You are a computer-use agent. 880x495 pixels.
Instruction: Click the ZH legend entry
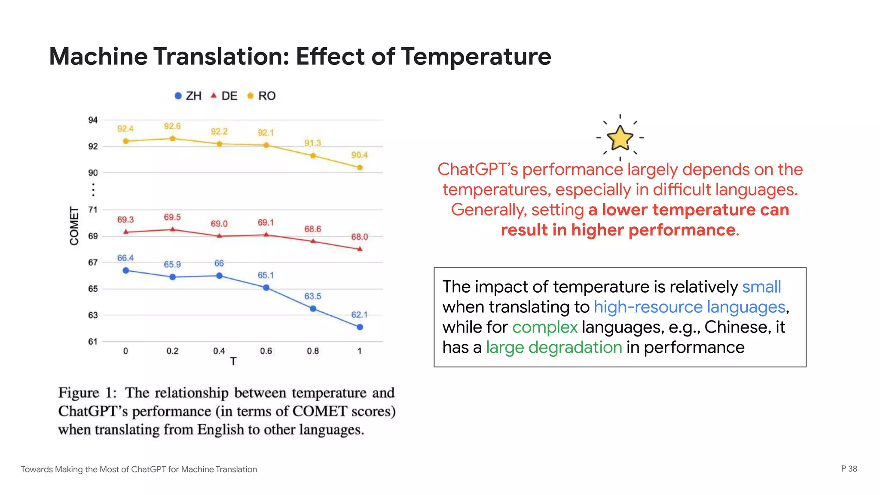pyautogui.click(x=188, y=96)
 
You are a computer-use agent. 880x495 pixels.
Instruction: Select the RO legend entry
pyautogui.click(x=261, y=96)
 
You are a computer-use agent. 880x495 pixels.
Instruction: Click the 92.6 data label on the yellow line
pyautogui.click(x=172, y=126)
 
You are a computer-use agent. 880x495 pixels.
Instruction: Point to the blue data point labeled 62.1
pyautogui.click(x=360, y=327)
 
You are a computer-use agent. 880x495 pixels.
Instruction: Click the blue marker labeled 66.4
pyautogui.click(x=126, y=271)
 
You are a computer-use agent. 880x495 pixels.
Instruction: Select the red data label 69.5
pyautogui.click(x=172, y=217)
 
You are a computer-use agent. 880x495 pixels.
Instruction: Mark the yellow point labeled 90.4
pyautogui.click(x=360, y=168)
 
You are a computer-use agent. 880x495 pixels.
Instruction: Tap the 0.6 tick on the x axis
pyautogui.click(x=266, y=351)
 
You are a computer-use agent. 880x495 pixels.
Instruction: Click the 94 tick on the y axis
pyautogui.click(x=93, y=120)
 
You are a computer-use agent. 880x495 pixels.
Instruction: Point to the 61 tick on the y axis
pyautogui.click(x=93, y=342)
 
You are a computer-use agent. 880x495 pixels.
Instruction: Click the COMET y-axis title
pyautogui.click(x=74, y=226)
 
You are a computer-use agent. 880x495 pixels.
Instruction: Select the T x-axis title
pyautogui.click(x=233, y=361)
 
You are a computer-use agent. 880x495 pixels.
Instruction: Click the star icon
pyautogui.click(x=620, y=137)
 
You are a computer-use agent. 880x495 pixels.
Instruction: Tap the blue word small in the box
pyautogui.click(x=761, y=287)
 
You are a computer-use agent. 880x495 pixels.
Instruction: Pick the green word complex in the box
pyautogui.click(x=545, y=327)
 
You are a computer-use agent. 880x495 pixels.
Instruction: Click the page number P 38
pyautogui.click(x=849, y=469)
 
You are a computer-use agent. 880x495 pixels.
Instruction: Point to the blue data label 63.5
pyautogui.click(x=313, y=296)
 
